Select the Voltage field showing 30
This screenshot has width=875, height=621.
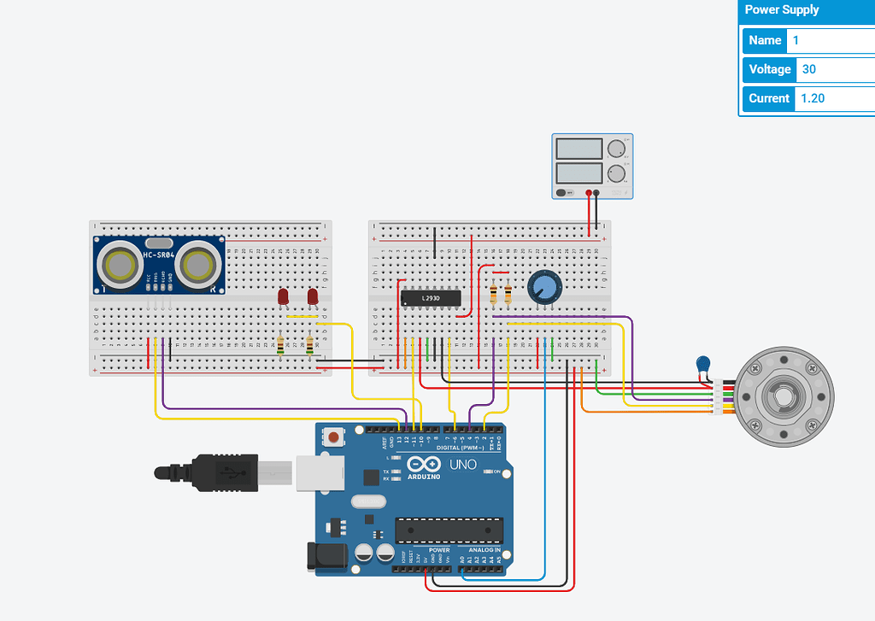(x=833, y=69)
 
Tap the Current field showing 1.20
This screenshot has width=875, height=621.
(x=833, y=98)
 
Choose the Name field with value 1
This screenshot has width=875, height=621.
(x=833, y=40)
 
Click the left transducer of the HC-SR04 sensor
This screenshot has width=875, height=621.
(x=118, y=265)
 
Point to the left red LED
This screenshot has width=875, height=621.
(x=283, y=297)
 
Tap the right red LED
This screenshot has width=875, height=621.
(x=313, y=297)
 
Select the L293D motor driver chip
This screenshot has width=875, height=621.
(x=431, y=298)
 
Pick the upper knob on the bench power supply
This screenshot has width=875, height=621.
(x=615, y=149)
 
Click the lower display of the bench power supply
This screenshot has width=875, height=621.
(x=579, y=174)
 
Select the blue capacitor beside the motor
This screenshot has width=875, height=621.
(x=703, y=365)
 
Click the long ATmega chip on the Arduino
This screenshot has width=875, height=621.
(x=448, y=530)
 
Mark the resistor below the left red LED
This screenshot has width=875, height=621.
(x=281, y=345)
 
